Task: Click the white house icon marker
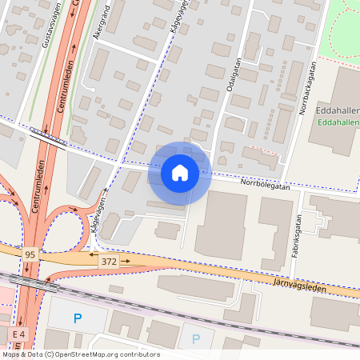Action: pos(180,172)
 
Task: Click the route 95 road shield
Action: pos(30,254)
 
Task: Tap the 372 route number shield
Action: pos(108,262)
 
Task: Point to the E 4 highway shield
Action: pos(19,333)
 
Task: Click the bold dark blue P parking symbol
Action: pos(78,318)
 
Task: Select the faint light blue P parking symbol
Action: pos(196,338)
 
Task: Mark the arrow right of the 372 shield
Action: pos(125,262)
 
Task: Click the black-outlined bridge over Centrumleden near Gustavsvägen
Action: pos(48,137)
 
